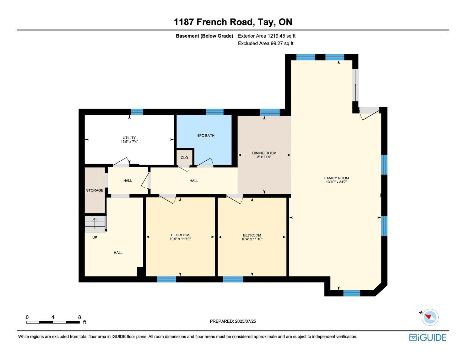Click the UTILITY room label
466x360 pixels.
coord(129,137)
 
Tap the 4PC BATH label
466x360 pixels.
coord(206,135)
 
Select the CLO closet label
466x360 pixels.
coord(184,158)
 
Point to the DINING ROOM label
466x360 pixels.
coord(264,153)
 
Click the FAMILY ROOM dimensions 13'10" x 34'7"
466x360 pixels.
coord(336,182)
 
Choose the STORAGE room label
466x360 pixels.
coord(95,190)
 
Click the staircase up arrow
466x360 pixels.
coord(95,223)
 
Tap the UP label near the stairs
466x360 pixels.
coord(95,237)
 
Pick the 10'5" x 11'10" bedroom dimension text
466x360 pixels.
coord(180,239)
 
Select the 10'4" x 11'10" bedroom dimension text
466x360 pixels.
coord(252,239)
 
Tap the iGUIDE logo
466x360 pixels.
coord(427,337)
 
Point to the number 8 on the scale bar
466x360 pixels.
coord(79,317)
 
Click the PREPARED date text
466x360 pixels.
coord(233,321)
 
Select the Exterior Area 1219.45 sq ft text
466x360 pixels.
coord(267,36)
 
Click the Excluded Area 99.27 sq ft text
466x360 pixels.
coord(265,43)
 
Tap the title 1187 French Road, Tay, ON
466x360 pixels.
coord(233,22)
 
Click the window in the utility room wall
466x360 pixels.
coord(137,112)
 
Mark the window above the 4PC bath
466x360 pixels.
coord(214,112)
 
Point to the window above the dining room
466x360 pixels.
coord(269,112)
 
